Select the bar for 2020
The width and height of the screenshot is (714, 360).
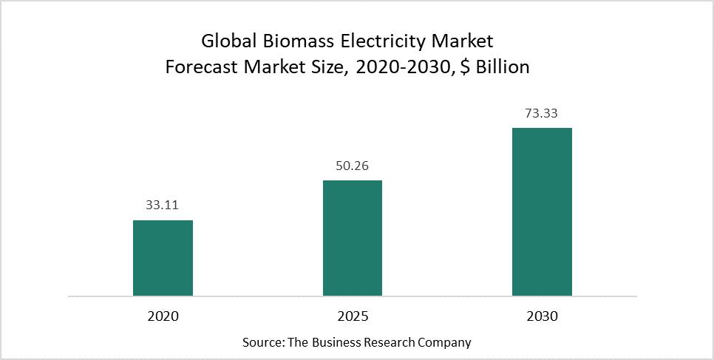coord(163,258)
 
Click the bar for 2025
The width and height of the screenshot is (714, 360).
coord(352,238)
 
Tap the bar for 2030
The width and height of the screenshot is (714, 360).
coord(542,211)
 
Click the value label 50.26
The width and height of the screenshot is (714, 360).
coord(352,166)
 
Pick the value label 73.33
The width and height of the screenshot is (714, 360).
coord(542,114)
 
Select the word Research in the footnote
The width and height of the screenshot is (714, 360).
coord(389,343)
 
